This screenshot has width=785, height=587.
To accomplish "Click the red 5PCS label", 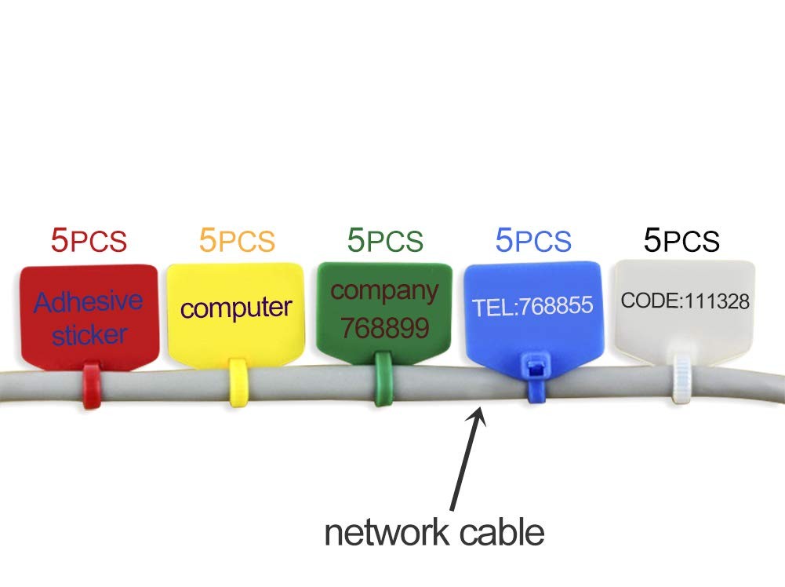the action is click(x=89, y=240).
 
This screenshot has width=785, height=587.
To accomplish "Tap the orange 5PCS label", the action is click(x=237, y=240).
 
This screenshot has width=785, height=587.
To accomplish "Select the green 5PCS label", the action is click(x=385, y=240).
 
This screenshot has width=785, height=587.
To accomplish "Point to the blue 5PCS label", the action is click(x=533, y=240).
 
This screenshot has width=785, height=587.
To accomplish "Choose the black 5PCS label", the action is click(x=681, y=240).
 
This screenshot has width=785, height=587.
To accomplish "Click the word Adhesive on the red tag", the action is click(x=89, y=302).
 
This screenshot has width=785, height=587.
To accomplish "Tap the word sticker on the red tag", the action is click(x=89, y=334).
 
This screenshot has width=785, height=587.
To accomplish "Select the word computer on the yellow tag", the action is click(x=236, y=308).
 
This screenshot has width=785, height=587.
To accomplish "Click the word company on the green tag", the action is click(x=384, y=291).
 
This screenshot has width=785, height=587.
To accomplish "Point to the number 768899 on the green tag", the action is click(x=384, y=328).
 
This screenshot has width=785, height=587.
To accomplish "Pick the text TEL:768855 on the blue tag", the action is click(x=532, y=307).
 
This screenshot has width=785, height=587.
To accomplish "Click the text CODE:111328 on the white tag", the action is click(x=685, y=301).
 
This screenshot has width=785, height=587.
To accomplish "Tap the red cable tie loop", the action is click(x=92, y=385).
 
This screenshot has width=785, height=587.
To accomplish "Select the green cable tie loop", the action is click(x=383, y=378).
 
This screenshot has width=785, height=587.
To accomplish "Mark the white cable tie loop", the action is click(x=681, y=377).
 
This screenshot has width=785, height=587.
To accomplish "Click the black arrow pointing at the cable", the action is click(x=467, y=459).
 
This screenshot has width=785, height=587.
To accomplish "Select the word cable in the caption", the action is click(x=502, y=532).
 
